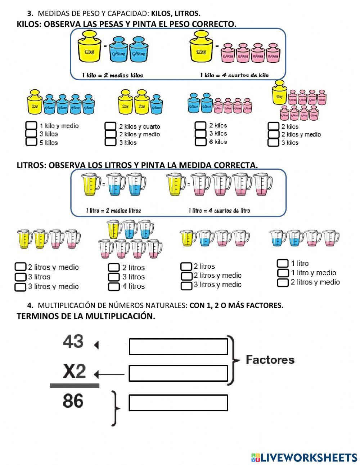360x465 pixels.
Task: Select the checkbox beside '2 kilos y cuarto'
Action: (x=111, y=126)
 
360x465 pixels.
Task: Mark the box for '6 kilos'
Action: (x=201, y=142)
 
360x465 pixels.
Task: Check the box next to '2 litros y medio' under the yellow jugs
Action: (x=21, y=267)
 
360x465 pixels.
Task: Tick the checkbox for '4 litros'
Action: (x=114, y=286)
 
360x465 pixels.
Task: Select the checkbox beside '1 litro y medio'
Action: (x=283, y=273)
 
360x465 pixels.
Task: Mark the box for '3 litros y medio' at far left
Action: (x=21, y=287)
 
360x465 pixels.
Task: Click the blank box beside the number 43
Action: (x=178, y=346)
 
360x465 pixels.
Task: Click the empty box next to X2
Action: (x=178, y=373)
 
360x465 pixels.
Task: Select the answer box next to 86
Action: (x=178, y=403)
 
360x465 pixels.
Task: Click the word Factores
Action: (x=270, y=359)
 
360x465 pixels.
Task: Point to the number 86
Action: (x=73, y=401)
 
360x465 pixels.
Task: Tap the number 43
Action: (x=73, y=341)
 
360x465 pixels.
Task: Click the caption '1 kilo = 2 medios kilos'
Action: (x=112, y=75)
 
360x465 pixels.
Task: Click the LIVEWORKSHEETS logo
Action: (x=304, y=457)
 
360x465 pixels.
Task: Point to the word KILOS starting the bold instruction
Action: (x=28, y=24)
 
